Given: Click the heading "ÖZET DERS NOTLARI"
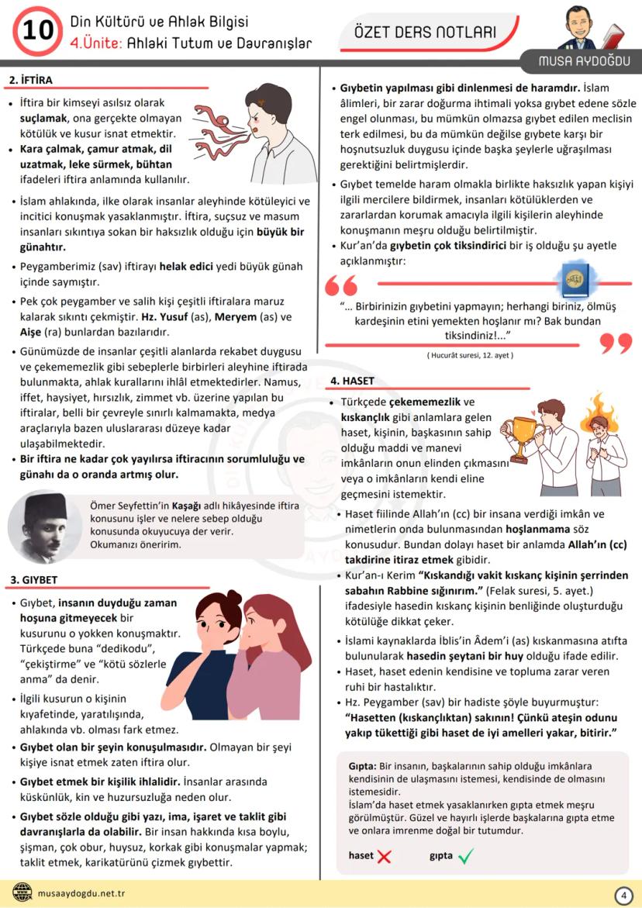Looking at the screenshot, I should (424, 32).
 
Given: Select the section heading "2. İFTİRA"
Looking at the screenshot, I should (31, 80).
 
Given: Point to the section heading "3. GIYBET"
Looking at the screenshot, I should (33, 579).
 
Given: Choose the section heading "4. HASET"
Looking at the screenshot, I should (352, 381).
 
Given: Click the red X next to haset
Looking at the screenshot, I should (384, 856).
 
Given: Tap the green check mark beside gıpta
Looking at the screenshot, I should (466, 856).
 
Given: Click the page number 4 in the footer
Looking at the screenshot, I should (623, 895).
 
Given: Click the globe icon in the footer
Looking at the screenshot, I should (22, 893).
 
